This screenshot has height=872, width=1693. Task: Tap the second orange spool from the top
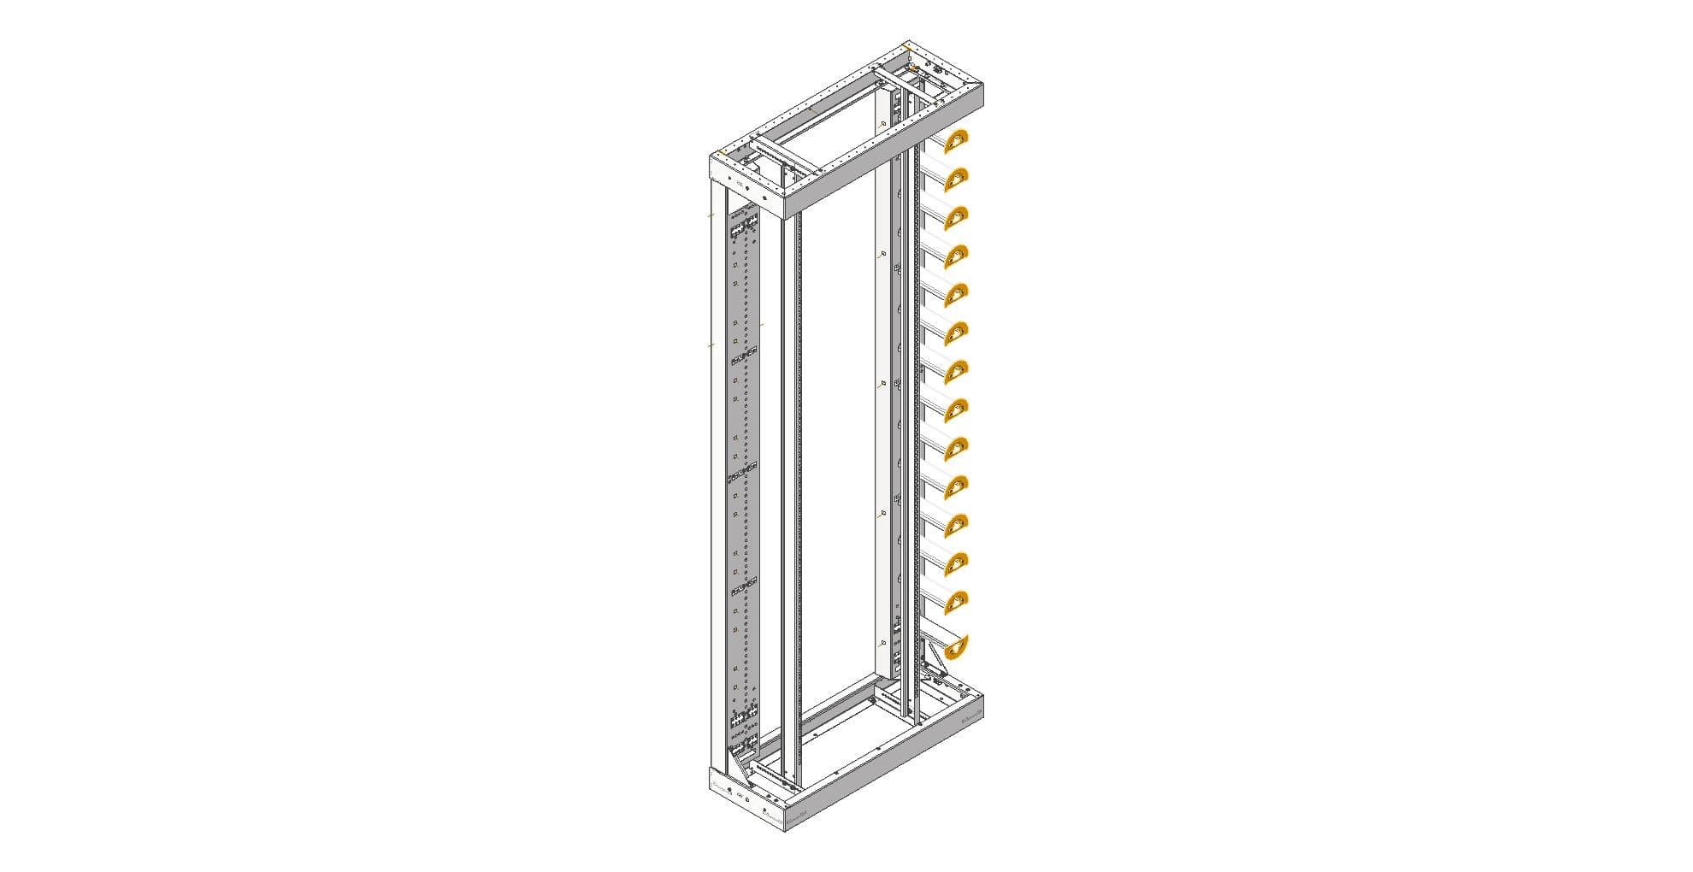tap(956, 179)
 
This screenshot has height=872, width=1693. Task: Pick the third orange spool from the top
tap(956, 217)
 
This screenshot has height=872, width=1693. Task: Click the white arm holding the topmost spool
tap(936, 139)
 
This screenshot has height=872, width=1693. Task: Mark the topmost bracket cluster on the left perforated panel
tap(145, 227)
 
